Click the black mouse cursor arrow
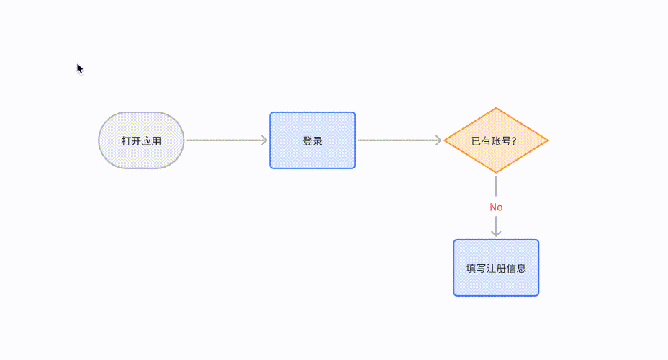[80, 68]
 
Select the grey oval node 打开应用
[141, 140]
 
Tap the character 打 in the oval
[126, 141]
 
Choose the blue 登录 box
[312, 140]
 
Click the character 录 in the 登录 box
[317, 141]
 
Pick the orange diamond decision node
[496, 140]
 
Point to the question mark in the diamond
[514, 141]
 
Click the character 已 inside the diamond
[477, 141]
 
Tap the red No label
[496, 207]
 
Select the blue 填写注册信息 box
[496, 268]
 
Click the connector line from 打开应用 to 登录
[227, 140]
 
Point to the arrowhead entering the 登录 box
[265, 140]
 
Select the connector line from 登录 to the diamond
[400, 140]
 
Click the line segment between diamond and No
[496, 186]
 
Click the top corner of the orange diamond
[496, 108]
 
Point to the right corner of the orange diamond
[548, 140]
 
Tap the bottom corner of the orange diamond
[496, 173]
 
